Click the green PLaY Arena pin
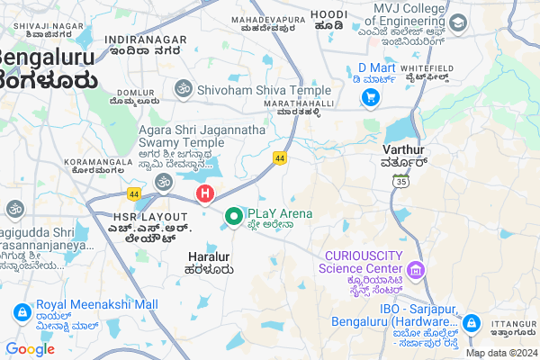(234, 216)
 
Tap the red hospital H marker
(205, 193)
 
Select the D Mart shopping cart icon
(370, 98)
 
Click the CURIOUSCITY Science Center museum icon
(415, 269)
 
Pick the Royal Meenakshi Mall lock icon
(20, 311)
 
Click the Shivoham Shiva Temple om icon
(183, 89)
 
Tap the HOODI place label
(328, 14)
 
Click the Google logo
(30, 349)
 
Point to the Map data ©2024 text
(501, 353)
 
